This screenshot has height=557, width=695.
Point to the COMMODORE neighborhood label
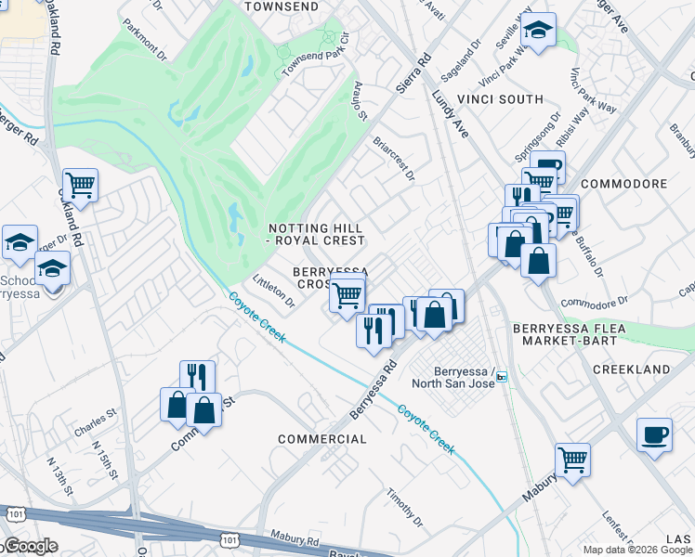[x=624, y=184]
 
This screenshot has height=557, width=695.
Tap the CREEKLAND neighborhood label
[x=631, y=369]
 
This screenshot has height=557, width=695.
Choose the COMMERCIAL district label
[x=321, y=438]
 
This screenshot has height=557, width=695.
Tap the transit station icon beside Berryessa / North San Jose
[x=502, y=376]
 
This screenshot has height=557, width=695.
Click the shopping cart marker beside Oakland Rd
[x=81, y=184]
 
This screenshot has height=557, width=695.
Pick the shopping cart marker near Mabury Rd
[x=572, y=459]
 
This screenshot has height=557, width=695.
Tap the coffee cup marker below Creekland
[x=654, y=434]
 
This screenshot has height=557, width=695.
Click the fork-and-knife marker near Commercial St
[x=197, y=376]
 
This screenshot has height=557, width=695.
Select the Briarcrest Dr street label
[x=393, y=160]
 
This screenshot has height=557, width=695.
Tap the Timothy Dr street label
[x=405, y=507]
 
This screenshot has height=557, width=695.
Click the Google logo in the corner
[x=30, y=546]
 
